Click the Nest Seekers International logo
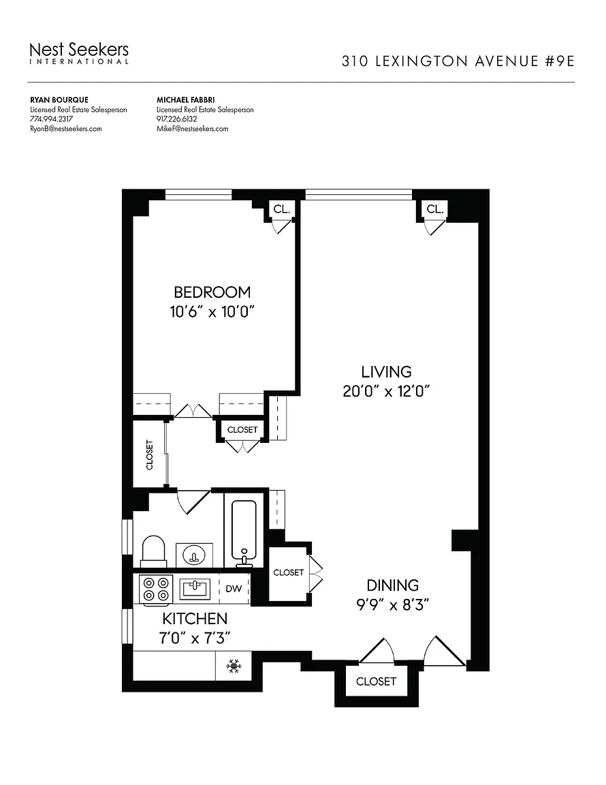tap(79, 53)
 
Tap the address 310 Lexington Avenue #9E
tap(458, 61)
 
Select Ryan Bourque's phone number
tap(51, 119)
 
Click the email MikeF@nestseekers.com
tap(193, 129)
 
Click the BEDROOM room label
tap(212, 292)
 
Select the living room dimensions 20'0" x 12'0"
tap(386, 391)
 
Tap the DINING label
tap(392, 585)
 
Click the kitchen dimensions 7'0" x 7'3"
tap(195, 638)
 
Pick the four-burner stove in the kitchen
tap(156, 589)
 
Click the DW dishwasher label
tap(234, 589)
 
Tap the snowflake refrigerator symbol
tap(233, 666)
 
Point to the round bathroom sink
tap(194, 555)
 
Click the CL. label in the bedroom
tap(282, 209)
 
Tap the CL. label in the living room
tap(435, 209)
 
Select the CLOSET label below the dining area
tap(376, 681)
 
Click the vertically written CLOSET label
tap(149, 455)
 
